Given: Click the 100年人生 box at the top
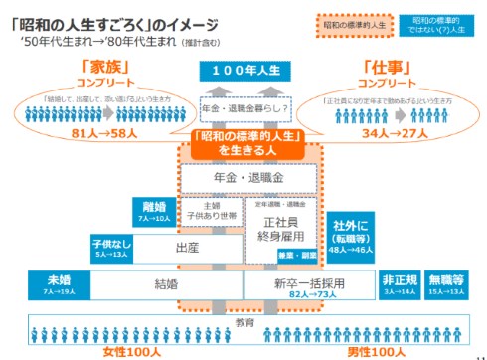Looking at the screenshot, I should click(243, 72).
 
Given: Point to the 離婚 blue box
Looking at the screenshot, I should click(153, 210).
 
